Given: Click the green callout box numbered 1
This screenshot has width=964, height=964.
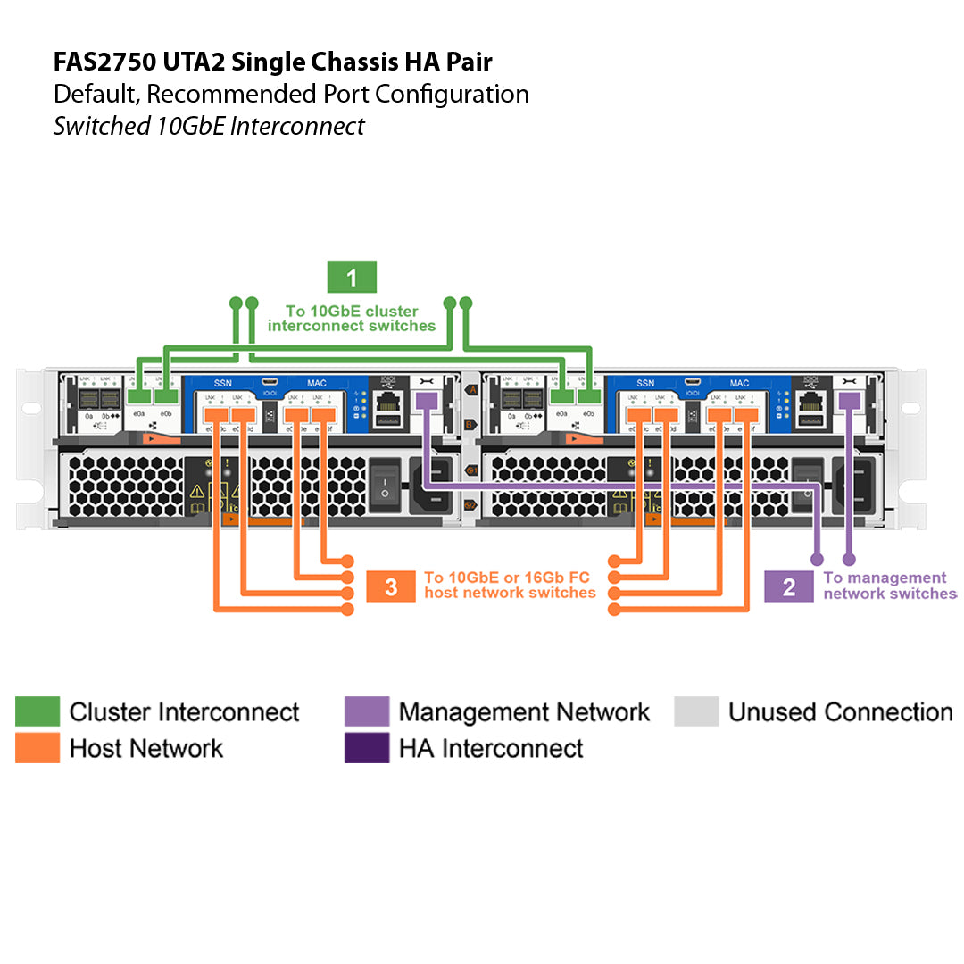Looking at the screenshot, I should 352,278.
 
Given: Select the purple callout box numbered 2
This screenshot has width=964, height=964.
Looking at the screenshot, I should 789,586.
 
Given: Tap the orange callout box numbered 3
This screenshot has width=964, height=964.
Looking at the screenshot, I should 391,586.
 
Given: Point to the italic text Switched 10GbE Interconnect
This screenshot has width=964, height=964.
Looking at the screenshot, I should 208,126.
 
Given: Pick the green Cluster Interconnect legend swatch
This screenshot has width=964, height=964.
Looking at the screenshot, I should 37,712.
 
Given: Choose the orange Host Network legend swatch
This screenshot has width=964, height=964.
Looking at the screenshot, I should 37,748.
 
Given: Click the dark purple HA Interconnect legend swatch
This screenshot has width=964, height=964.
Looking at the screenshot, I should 367,748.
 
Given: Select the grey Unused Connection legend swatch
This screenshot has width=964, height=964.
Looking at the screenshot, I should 696,712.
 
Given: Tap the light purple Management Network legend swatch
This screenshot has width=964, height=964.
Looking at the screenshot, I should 367,712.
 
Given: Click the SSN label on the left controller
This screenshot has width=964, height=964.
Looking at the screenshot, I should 222,383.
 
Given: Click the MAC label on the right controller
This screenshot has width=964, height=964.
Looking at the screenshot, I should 740,383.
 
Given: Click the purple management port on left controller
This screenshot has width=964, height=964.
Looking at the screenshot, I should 427,402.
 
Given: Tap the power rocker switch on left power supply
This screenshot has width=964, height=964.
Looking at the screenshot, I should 385,484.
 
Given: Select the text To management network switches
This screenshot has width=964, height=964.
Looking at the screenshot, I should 888,586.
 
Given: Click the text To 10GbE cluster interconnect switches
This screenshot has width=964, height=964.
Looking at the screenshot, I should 352,319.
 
